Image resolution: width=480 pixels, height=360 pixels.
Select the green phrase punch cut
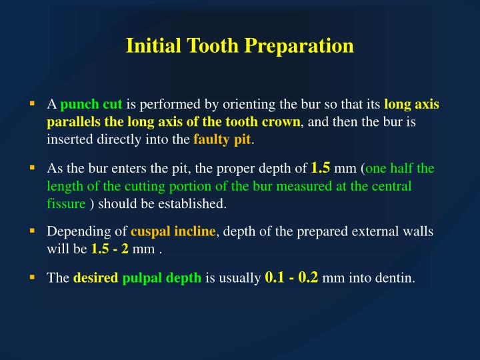click(x=91, y=105)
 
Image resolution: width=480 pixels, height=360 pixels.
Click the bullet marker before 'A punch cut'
click(x=32, y=104)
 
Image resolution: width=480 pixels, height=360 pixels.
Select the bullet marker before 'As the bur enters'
click(x=32, y=168)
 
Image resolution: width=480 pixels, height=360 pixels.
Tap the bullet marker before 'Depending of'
click(x=32, y=231)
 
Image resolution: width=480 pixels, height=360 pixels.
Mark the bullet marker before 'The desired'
click(x=32, y=277)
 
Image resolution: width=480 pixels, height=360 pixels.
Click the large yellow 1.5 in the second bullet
click(x=321, y=167)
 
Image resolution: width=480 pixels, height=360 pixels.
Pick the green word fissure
click(x=66, y=203)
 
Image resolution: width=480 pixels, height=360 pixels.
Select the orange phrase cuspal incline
click(x=173, y=232)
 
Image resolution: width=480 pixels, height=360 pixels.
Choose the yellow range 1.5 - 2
click(x=110, y=249)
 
